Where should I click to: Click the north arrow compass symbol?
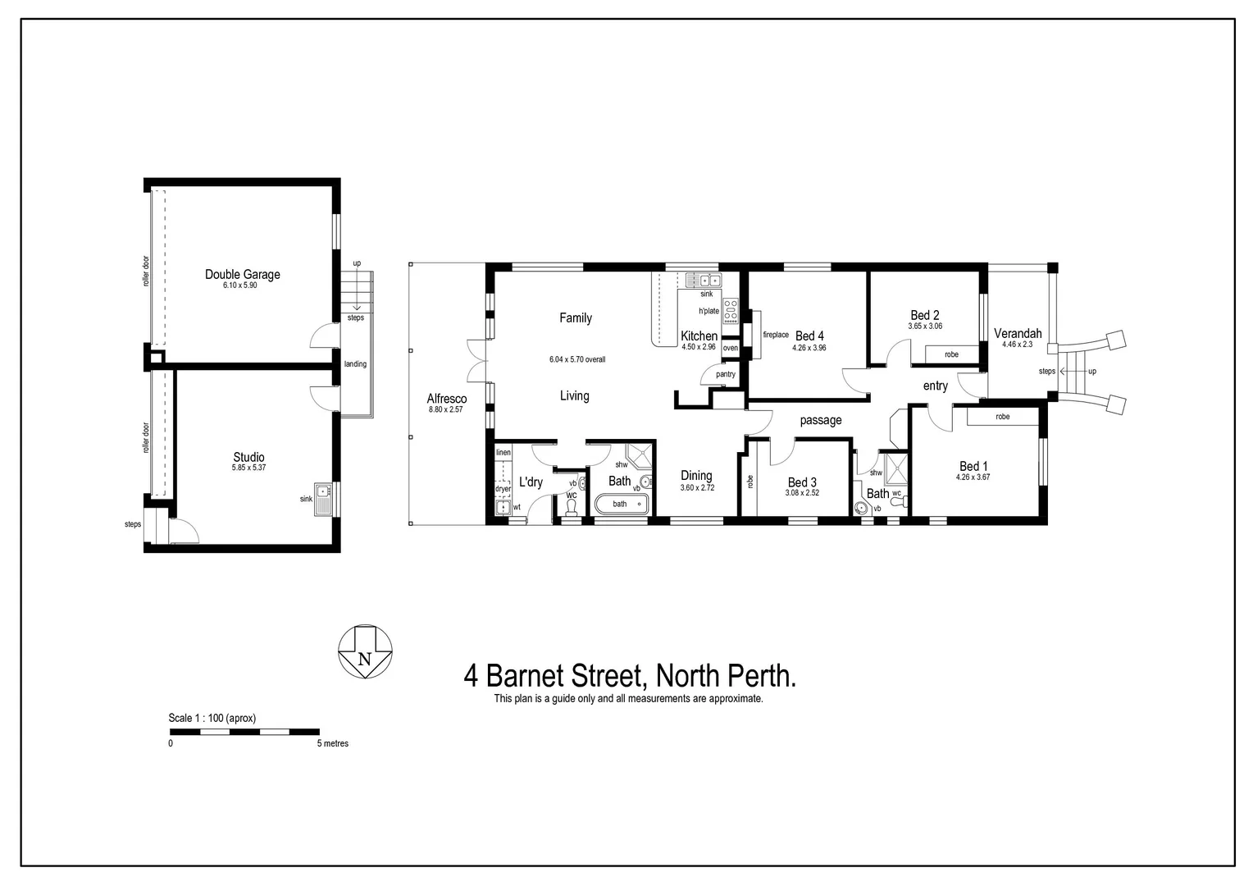366,652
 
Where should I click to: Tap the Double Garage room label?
242,275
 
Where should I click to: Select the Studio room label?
248,458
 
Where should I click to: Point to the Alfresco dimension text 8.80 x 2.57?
445,409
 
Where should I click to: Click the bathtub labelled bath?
621,504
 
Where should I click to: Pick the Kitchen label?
699,336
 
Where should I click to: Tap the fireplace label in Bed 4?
776,335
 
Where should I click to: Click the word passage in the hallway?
821,420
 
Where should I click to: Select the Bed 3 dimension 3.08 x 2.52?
802,493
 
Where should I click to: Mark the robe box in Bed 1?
1003,417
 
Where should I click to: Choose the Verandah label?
1018,333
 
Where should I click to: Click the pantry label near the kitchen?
725,374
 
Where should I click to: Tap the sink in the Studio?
324,498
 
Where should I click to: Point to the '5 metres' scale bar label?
333,743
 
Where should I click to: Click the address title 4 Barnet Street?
630,676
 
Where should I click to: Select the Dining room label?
696,476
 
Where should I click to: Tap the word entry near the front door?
935,386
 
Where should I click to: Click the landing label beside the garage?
355,364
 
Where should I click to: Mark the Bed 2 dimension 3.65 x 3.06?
924,326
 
